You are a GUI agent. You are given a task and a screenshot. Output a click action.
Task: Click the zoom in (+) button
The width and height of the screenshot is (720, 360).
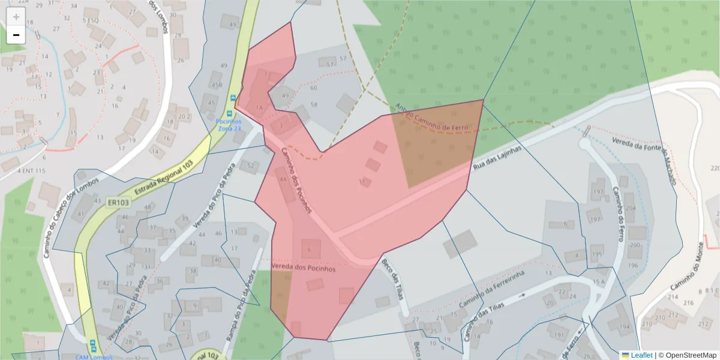pos(16,17)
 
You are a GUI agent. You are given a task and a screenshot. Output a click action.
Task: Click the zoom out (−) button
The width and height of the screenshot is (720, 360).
pos(16,35)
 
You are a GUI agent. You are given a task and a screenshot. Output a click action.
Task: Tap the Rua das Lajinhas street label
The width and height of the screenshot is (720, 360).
pos(498,157)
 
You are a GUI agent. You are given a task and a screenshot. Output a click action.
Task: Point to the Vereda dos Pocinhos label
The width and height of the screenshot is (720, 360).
pos(303,268)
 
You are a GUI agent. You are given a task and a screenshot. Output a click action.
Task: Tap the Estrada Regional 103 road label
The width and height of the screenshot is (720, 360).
pos(158,175)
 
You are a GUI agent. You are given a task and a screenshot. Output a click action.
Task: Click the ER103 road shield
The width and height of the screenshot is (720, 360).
pos(119,203)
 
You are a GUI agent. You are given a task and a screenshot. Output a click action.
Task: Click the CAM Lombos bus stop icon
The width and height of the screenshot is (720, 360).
pos(92,346)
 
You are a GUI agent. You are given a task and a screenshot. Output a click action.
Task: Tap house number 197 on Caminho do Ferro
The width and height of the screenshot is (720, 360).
pos(598,192)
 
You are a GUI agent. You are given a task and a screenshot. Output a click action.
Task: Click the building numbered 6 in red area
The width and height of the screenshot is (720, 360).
pos(310,248)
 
